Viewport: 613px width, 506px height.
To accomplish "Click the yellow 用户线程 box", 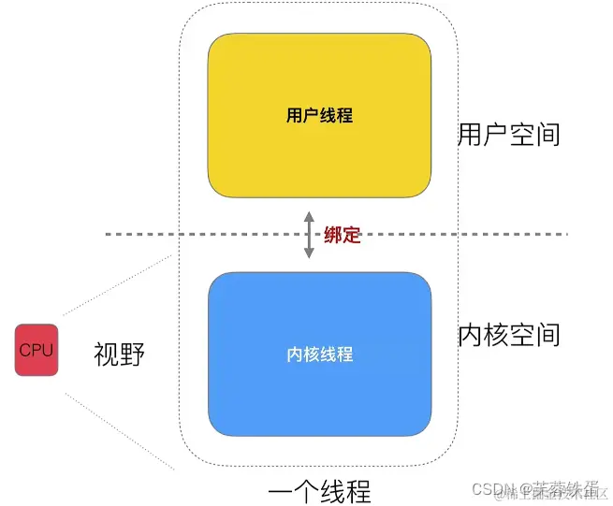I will pos(319,116).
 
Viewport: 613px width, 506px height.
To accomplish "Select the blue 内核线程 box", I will pos(319,354).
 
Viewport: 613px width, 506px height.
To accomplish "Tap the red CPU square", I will pos(36,350).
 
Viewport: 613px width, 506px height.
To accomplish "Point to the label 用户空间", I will pos(509,134).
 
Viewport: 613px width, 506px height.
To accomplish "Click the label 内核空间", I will pos(509,334).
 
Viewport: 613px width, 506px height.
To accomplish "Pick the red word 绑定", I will pos(342,236).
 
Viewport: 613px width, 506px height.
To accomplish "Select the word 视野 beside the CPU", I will pos(120,354).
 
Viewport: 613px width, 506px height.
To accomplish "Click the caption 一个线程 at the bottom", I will pos(318,490).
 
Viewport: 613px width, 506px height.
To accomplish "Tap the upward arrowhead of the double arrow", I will pos(310,216).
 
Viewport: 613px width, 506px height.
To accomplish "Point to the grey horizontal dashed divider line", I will pos(187,233).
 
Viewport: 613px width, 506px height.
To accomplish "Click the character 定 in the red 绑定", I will pos(351,236).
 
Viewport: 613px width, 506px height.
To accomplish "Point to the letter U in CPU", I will pos(47,351).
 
